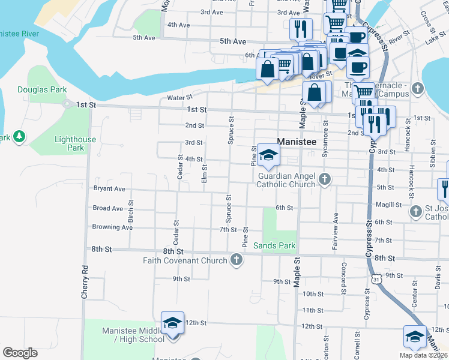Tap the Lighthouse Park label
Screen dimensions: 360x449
coord(75,143)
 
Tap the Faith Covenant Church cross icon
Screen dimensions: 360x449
coord(237,260)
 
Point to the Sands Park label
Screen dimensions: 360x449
coord(274,245)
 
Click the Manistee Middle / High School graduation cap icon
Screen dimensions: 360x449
coord(172,323)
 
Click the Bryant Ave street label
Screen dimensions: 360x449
coord(109,188)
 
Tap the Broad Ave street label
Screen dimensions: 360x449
coord(108,208)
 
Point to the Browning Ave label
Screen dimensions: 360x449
coord(112,227)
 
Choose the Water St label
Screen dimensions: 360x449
coord(179,97)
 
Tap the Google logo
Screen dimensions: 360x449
coord(20,353)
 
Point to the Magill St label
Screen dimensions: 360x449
coord(388,205)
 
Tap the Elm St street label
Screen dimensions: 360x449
coord(205,173)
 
